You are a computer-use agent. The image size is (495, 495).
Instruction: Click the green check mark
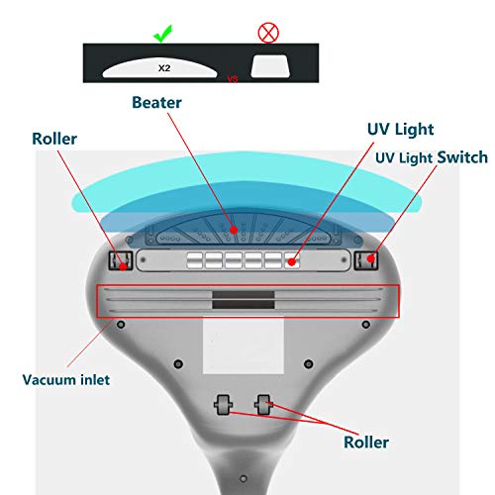(x=162, y=34)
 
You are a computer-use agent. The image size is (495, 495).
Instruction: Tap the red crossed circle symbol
(x=268, y=33)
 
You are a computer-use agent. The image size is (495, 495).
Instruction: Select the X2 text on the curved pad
(x=164, y=68)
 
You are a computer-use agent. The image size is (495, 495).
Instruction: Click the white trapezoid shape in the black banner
(x=270, y=66)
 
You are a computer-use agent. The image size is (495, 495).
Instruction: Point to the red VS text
(x=233, y=79)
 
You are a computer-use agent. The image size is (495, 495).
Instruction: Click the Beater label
(x=156, y=103)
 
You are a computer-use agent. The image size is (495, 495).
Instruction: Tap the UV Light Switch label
(x=432, y=157)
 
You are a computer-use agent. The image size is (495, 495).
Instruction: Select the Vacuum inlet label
(x=66, y=380)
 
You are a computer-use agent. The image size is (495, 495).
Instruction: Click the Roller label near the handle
(x=366, y=443)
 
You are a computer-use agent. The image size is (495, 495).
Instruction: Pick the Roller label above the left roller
(x=54, y=139)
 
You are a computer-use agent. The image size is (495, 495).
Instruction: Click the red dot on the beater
(x=234, y=230)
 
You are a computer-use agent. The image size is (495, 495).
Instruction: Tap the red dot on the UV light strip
(x=291, y=262)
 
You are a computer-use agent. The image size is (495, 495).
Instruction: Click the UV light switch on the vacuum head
(x=365, y=260)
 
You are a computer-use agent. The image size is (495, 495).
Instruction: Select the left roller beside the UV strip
(x=121, y=260)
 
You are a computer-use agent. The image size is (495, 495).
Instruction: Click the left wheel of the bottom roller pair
(x=223, y=404)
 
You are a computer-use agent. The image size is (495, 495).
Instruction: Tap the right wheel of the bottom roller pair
(x=263, y=404)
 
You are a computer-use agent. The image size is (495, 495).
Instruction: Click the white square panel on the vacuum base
(x=244, y=346)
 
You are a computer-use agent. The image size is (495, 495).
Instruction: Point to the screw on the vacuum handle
(x=244, y=478)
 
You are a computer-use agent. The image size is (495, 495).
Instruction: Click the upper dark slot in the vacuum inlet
(x=244, y=295)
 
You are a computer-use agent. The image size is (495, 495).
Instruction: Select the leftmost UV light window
(x=194, y=260)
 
